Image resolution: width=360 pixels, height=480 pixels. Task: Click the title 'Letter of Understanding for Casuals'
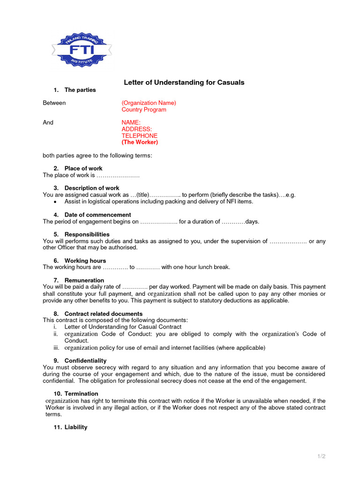[x=184, y=82]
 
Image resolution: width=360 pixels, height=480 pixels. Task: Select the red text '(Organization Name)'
[x=149, y=103]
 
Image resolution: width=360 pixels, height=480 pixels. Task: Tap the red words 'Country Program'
[x=144, y=110]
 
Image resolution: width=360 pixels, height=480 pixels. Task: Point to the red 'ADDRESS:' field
[x=136, y=129]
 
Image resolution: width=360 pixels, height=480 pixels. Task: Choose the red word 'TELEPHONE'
[x=140, y=135]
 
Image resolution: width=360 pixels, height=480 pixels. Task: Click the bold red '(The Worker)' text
[x=140, y=142]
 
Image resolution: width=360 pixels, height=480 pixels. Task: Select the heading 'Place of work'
[x=83, y=168]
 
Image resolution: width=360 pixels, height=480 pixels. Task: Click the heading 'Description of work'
[x=92, y=188]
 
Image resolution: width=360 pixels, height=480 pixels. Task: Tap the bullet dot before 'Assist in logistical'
[x=55, y=202]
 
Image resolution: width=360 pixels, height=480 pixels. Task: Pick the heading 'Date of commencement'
[x=97, y=215]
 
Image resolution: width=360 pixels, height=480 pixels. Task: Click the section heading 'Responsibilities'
[x=87, y=234]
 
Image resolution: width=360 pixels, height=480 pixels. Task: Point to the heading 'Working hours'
[x=85, y=261]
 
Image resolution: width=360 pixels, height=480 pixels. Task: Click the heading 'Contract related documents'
[x=104, y=314]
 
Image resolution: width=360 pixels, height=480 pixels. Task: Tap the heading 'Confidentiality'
[x=85, y=360]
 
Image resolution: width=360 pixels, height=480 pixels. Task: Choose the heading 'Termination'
[x=82, y=394]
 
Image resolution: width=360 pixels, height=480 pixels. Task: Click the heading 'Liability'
[x=76, y=427]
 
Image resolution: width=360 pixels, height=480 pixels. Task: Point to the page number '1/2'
[x=321, y=456]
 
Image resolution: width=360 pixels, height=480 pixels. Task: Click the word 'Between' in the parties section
[x=54, y=103]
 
